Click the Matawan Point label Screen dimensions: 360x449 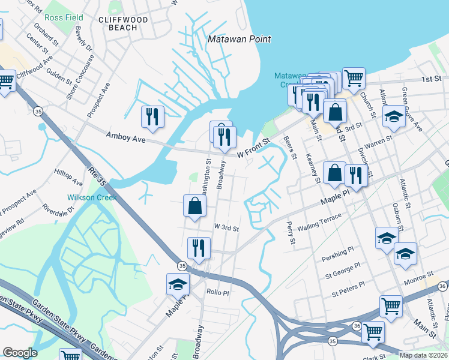[239, 40]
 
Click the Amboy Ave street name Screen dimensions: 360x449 [126, 139]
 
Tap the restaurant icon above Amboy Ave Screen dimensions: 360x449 [152, 116]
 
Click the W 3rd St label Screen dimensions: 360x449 [226, 228]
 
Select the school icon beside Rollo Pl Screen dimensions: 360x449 [178, 284]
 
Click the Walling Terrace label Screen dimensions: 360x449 [323, 220]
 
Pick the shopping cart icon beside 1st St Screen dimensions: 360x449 [354, 77]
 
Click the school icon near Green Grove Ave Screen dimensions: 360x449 [394, 116]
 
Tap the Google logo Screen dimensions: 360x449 [20, 352]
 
